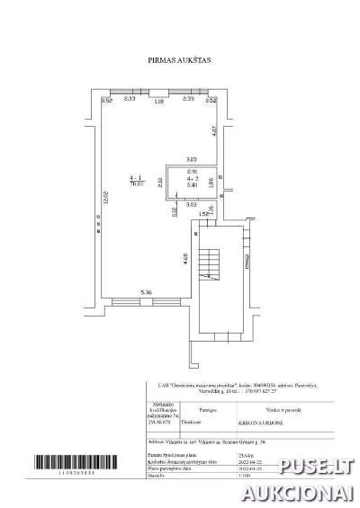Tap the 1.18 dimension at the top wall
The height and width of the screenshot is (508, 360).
[x=158, y=102]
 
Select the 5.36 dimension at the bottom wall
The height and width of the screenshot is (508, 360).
[x=146, y=291]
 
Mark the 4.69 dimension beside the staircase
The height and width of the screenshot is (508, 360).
[x=185, y=259]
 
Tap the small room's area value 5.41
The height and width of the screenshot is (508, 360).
[x=191, y=185]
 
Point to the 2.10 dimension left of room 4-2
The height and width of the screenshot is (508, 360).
[x=160, y=183]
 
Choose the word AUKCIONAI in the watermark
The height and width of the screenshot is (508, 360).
[x=304, y=492]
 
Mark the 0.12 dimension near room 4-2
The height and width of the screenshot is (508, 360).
[x=175, y=212]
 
